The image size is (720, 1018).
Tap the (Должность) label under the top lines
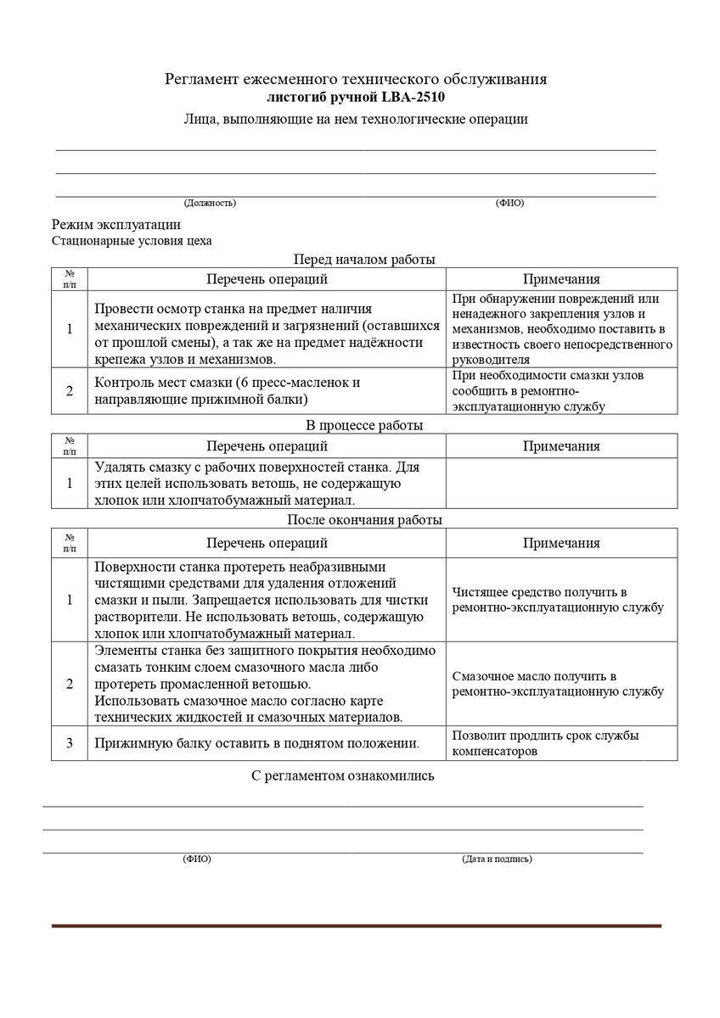pos(210,203)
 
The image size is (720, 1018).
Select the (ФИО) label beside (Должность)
pos(509,203)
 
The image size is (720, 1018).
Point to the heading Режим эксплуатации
pos(116,225)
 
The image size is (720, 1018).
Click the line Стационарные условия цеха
pos(132,240)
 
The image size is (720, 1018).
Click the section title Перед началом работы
pos(364,260)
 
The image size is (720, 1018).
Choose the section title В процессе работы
pos(364,425)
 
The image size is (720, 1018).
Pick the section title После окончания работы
pos(364,519)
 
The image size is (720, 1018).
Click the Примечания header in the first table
pos(561,279)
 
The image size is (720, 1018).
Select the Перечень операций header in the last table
pos(267,543)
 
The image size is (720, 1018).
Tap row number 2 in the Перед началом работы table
pos(70,390)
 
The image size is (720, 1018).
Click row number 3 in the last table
pos(70,743)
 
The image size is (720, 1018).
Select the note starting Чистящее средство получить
pos(558,600)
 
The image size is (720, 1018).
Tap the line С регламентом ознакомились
pos(343,776)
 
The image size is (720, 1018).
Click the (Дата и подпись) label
pos(497,859)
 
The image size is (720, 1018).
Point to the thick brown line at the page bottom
pos(356,926)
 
